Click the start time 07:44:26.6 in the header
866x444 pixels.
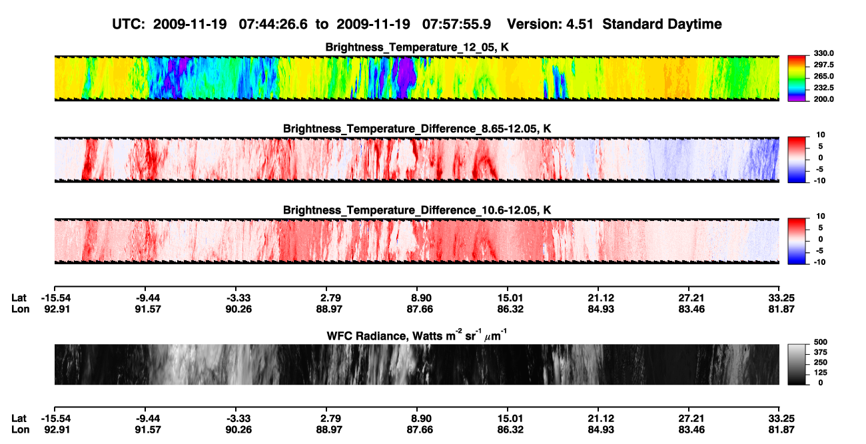click(x=273, y=25)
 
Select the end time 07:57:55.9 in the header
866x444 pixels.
click(x=456, y=25)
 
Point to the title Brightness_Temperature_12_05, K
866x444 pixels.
click(x=417, y=47)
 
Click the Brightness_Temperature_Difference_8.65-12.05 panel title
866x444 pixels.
click(x=417, y=128)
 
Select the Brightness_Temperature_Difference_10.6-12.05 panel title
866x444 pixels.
click(x=417, y=210)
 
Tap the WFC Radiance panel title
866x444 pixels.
click(x=417, y=335)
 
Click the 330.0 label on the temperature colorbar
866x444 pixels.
click(x=823, y=53)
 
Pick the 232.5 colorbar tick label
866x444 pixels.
click(x=823, y=88)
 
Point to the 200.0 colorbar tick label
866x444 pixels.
click(x=823, y=99)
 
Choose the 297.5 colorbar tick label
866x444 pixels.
click(x=823, y=65)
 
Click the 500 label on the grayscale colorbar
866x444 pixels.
click(x=821, y=342)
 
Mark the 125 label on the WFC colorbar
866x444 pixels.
click(x=821, y=373)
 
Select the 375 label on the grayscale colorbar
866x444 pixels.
click(x=821, y=352)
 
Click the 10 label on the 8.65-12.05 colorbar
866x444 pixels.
click(x=821, y=135)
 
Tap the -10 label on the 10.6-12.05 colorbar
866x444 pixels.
click(x=819, y=262)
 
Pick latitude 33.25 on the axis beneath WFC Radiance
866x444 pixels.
click(x=781, y=419)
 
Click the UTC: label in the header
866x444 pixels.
click(x=129, y=25)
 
